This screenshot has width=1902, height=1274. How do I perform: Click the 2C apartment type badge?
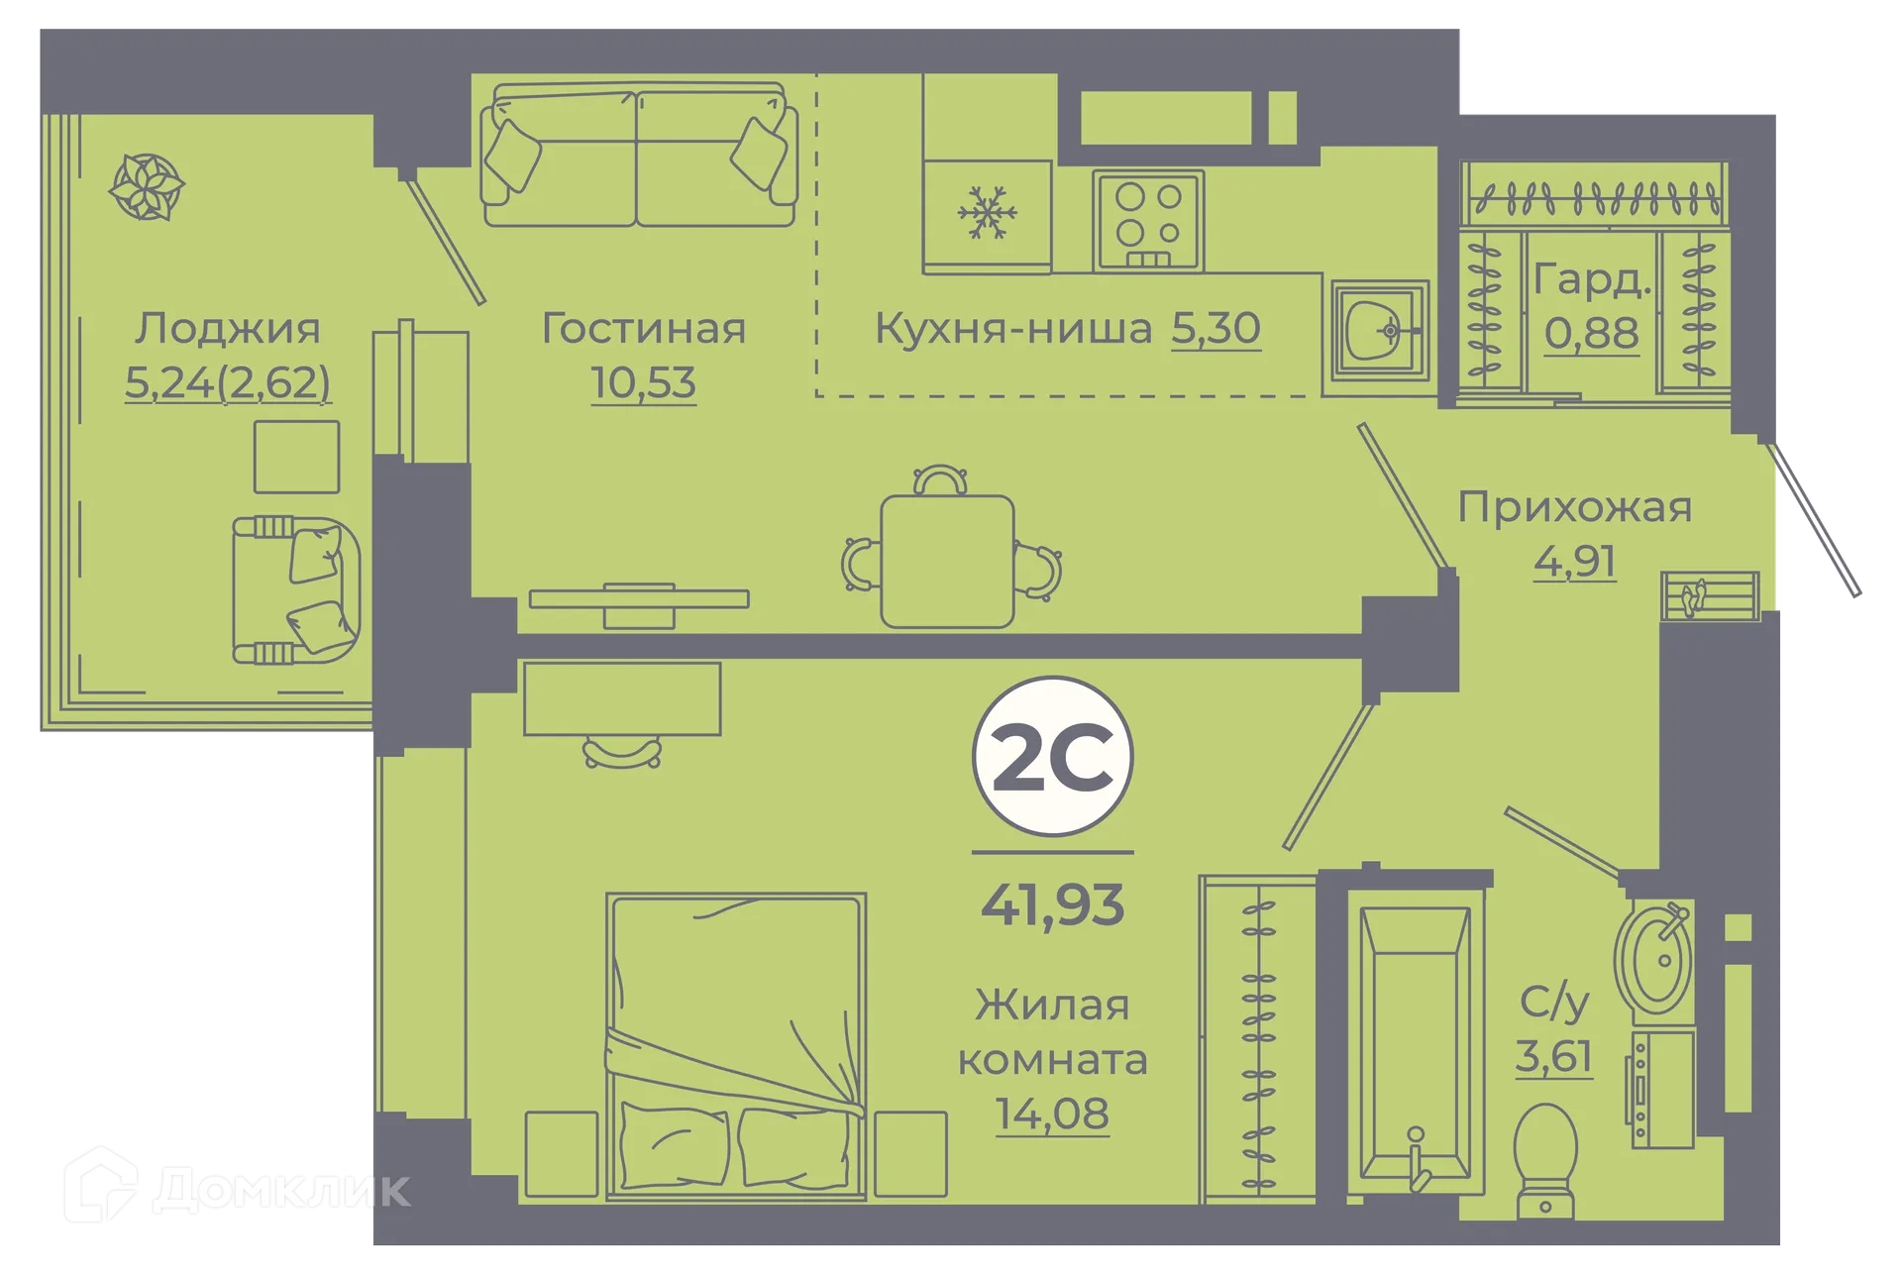[1052, 756]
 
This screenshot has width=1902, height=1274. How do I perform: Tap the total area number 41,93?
[1052, 904]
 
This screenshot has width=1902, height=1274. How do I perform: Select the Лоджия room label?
[228, 329]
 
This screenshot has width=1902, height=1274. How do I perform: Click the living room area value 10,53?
[643, 383]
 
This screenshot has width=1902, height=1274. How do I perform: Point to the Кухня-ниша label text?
[1012, 329]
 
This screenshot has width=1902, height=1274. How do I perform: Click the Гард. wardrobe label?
[1592, 280]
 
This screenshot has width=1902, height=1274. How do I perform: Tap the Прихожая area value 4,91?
[1574, 562]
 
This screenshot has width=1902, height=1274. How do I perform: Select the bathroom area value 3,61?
[1553, 1056]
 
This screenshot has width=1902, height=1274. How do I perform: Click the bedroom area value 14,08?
[1051, 1114]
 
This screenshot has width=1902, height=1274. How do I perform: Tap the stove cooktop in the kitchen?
[1148, 220]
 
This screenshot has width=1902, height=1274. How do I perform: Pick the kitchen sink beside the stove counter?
[1379, 330]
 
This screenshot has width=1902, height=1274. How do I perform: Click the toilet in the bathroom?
[1545, 1160]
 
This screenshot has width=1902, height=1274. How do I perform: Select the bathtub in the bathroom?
[1414, 1040]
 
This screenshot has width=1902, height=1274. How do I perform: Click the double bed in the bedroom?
[735, 1045]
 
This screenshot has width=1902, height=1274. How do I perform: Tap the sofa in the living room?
[639, 157]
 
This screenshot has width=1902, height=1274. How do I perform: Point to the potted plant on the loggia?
[147, 186]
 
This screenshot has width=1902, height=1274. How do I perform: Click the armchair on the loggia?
[295, 589]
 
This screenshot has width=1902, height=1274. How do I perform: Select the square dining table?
[947, 561]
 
